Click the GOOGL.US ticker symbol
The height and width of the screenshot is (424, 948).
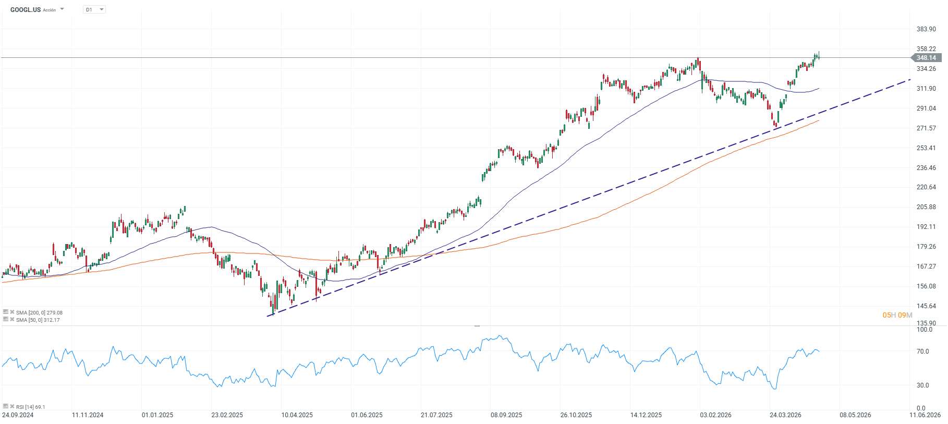pyautogui.click(x=25, y=10)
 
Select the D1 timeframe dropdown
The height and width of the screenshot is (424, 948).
pyautogui.click(x=94, y=10)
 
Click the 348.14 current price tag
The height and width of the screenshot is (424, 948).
pyautogui.click(x=926, y=58)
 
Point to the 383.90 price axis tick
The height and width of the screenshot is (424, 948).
pyautogui.click(x=926, y=29)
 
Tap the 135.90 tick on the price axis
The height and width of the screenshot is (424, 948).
pyautogui.click(x=926, y=323)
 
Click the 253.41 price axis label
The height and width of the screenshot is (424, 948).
pyautogui.click(x=926, y=148)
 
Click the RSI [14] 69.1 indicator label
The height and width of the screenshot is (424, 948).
pyautogui.click(x=30, y=407)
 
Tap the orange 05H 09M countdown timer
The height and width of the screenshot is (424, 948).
pyautogui.click(x=897, y=315)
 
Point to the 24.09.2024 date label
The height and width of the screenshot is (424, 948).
pyautogui.click(x=18, y=415)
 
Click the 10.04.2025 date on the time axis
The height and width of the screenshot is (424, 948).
pyautogui.click(x=297, y=415)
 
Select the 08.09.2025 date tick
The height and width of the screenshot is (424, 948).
pyautogui.click(x=506, y=415)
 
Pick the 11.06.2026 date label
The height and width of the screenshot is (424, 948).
pyautogui.click(x=925, y=415)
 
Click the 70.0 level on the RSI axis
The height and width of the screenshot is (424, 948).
pyautogui.click(x=922, y=352)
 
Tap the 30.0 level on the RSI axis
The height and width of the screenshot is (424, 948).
pyautogui.click(x=922, y=385)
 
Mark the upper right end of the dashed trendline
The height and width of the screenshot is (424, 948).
pyautogui.click(x=910, y=80)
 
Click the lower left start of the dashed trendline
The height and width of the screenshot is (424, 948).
pyautogui.click(x=268, y=316)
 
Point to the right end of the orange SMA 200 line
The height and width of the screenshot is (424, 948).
pyautogui.click(x=819, y=120)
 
